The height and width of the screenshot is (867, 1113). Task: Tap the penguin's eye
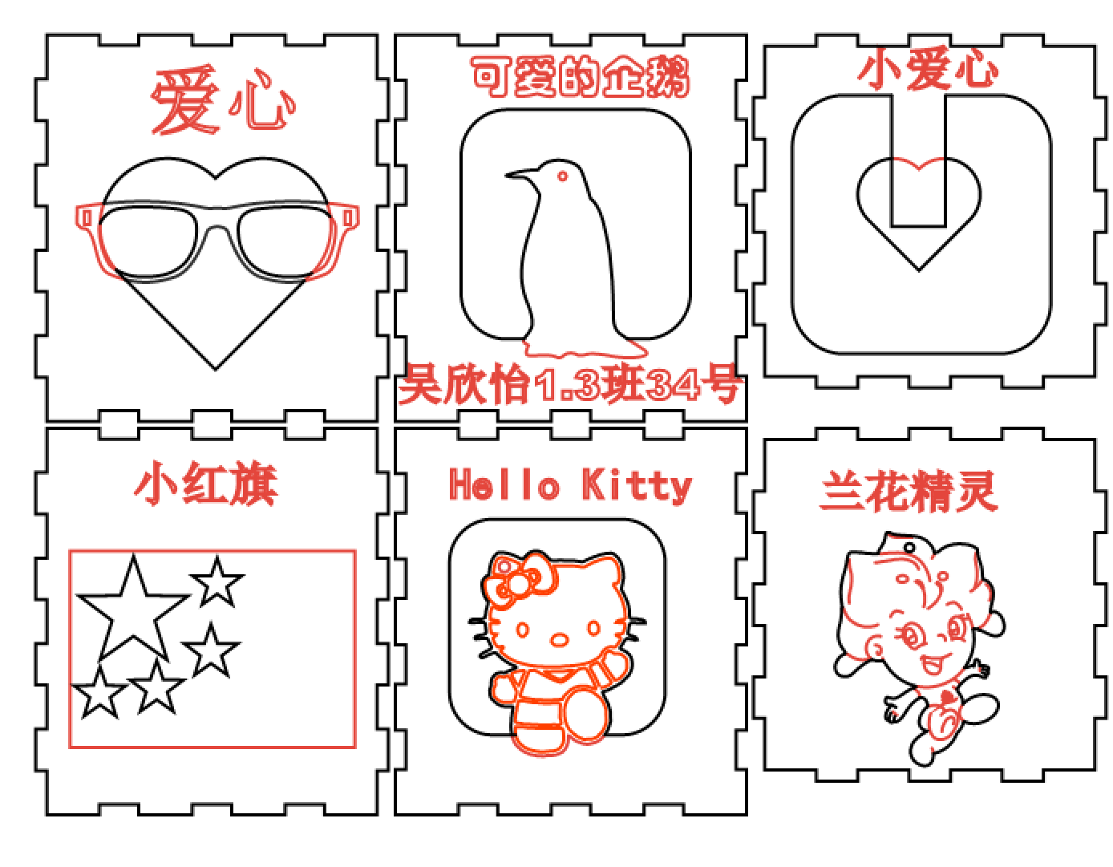point(562,176)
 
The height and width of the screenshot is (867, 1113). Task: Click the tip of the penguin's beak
point(506,175)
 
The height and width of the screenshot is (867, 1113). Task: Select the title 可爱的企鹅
point(581,77)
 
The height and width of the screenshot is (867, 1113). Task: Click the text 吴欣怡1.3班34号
point(569,383)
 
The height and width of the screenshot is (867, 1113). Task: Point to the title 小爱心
point(928,69)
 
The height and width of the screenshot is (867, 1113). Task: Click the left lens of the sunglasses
point(148,241)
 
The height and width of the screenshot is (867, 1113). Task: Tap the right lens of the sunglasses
point(285,241)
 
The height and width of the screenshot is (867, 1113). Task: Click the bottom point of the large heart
point(216,369)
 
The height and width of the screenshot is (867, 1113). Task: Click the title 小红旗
point(206,483)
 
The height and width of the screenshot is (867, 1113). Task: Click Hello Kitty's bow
point(517,579)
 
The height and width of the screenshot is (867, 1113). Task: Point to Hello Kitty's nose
point(560,640)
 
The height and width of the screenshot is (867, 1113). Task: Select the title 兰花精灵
point(909,492)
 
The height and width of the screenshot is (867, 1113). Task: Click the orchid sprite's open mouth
point(931,666)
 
